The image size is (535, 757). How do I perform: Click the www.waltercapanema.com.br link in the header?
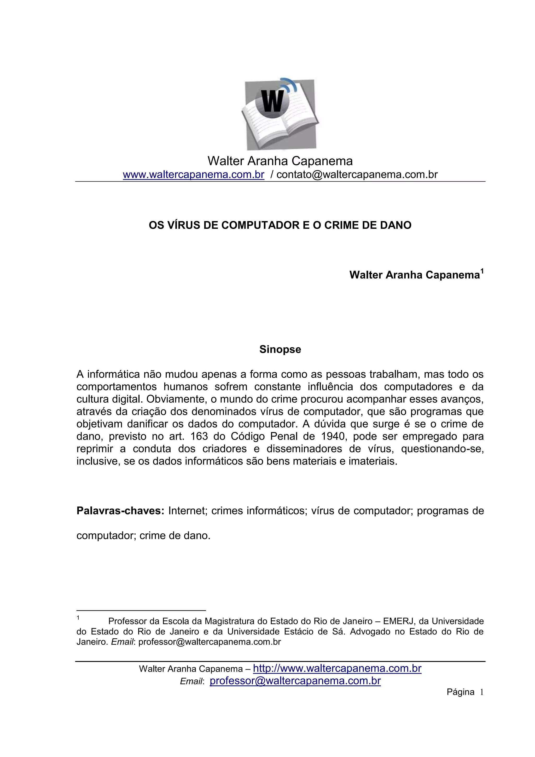coord(194,175)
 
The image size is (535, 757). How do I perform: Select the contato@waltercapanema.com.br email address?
coord(357,175)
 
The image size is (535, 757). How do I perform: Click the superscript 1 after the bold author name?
coord(482,272)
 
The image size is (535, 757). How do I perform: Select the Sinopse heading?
coord(280,349)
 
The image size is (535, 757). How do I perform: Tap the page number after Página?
coord(481,692)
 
